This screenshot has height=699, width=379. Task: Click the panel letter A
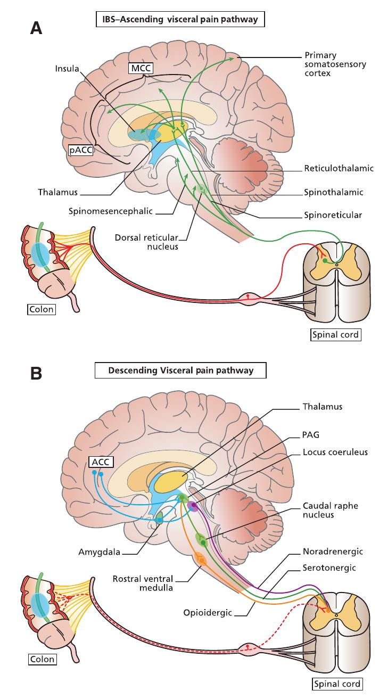click(36, 28)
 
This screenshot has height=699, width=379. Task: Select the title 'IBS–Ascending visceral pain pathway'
click(180, 20)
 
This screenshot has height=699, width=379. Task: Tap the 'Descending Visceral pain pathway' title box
click(181, 371)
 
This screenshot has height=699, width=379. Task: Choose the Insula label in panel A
click(67, 69)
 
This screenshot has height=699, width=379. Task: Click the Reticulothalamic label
click(339, 168)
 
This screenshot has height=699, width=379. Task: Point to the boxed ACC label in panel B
click(101, 462)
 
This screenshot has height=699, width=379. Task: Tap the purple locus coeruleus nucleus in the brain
click(192, 507)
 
